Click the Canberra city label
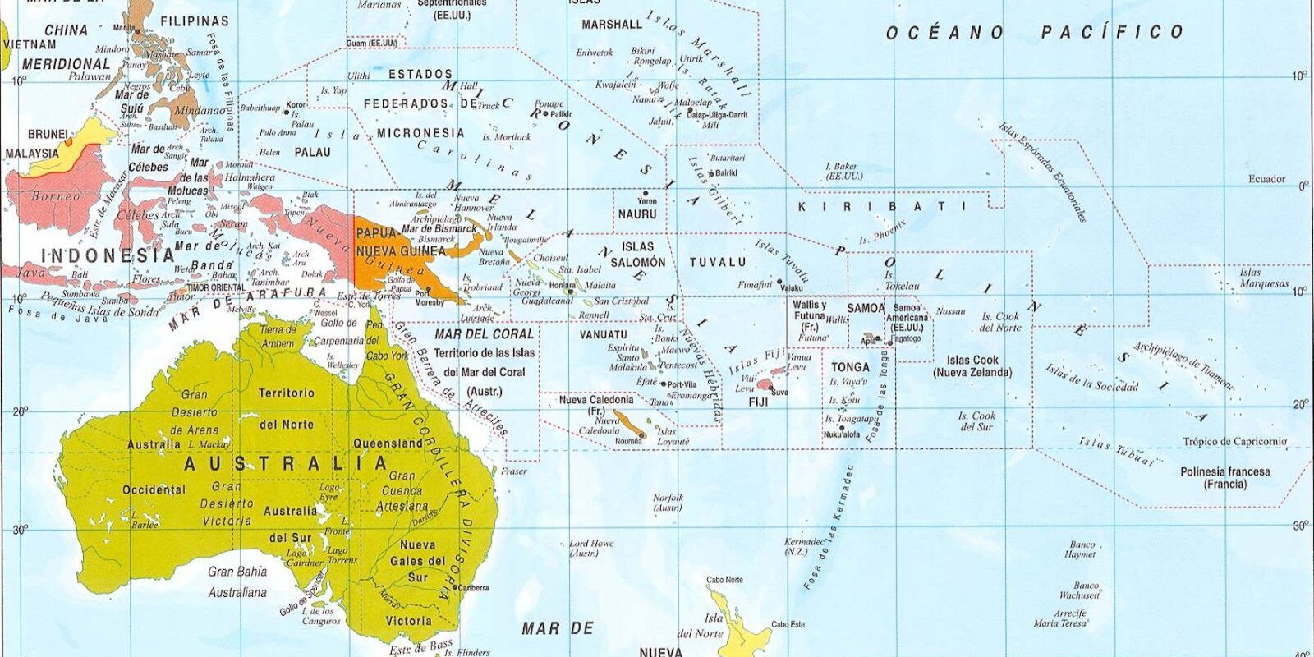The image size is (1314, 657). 474,588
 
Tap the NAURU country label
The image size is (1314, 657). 637,214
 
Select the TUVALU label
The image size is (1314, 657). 718,262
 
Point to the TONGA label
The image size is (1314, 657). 850,367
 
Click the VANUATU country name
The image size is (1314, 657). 603,335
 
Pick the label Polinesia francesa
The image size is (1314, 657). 1224,472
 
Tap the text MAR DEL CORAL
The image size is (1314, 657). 484,334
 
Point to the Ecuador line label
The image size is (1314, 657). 1266,179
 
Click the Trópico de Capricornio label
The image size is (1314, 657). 1234,442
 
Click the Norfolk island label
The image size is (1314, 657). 668,498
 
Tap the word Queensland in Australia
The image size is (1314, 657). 388,443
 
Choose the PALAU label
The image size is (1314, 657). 312,152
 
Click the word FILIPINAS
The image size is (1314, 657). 194,20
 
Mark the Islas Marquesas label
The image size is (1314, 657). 1264,278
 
